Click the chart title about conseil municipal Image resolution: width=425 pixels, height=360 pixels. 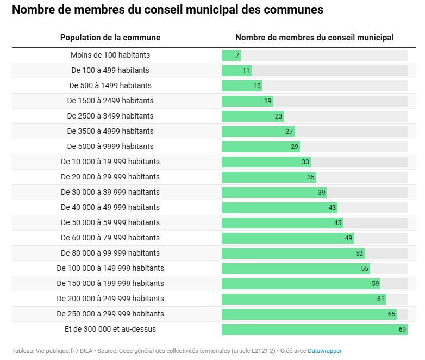tap(167, 10)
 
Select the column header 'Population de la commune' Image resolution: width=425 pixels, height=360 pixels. tap(110, 38)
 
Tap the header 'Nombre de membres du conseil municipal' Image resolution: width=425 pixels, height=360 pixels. tap(314, 38)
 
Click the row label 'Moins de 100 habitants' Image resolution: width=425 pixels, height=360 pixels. tap(110, 55)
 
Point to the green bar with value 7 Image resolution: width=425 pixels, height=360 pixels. tap(230, 55)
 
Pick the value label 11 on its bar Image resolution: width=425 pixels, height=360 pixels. tap(246, 70)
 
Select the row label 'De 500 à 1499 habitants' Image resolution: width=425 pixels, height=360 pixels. tap(110, 85)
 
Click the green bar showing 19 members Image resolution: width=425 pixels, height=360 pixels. tap(247, 101)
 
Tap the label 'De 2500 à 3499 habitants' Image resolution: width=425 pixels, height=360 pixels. tap(110, 116)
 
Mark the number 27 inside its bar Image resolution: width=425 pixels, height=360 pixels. tap(289, 131)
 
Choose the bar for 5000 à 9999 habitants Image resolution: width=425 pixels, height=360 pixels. tap(260, 146)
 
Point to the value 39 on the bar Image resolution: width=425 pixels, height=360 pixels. tap(322, 192)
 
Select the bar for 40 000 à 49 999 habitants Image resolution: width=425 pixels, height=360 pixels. tap(279, 207)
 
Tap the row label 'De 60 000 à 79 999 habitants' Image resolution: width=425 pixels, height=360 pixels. tap(110, 238)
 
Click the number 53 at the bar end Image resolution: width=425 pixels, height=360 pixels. tap(359, 253)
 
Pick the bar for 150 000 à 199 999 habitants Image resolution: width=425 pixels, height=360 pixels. tap(301, 283)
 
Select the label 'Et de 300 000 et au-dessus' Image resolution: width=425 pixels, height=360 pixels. tap(110, 329)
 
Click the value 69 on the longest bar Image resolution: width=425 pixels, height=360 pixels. tap(403, 329)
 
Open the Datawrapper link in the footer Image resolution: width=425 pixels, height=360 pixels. tap(325, 351)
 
